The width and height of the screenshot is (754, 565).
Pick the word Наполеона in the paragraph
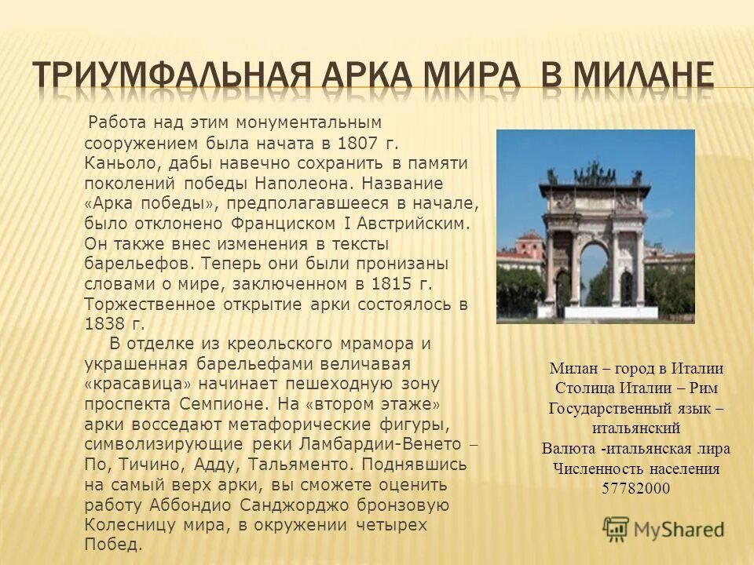click(x=309, y=183)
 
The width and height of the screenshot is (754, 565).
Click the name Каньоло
click(x=118, y=162)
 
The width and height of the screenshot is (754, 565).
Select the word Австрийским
click(x=421, y=223)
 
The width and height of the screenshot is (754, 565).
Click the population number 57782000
click(x=635, y=488)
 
